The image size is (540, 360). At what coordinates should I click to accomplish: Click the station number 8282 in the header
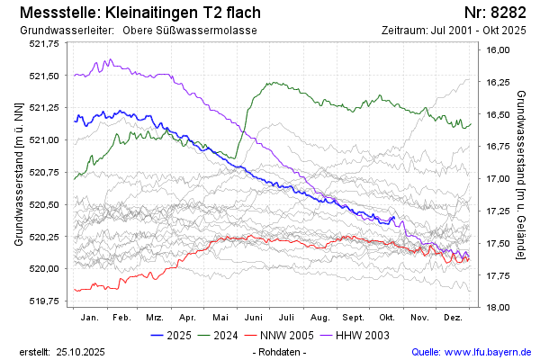[510, 13]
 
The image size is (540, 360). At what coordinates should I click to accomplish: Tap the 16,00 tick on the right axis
[498, 50]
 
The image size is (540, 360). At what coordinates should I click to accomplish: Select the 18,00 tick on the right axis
[498, 308]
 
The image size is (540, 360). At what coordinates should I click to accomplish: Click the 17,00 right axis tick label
[498, 179]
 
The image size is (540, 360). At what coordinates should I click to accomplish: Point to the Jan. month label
[89, 319]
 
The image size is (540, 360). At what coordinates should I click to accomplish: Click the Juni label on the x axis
[253, 319]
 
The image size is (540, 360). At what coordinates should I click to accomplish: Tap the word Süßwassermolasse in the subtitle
[211, 31]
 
